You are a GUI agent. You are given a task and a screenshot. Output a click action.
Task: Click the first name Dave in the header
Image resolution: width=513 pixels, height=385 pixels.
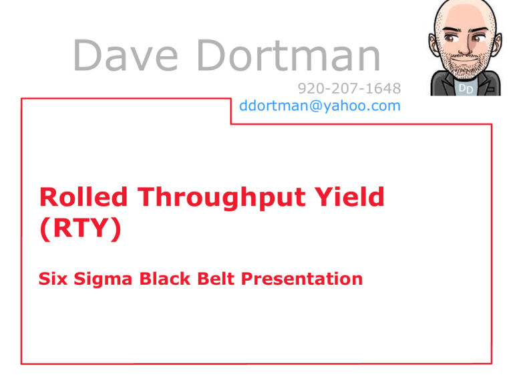pos(126,55)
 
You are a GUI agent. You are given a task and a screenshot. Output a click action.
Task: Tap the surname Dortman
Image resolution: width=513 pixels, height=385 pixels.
pos(289,55)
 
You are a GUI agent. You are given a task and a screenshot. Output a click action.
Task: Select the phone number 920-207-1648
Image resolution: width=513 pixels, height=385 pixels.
pos(349,88)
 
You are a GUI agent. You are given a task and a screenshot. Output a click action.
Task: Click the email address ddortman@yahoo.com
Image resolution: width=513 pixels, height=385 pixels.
pos(320,106)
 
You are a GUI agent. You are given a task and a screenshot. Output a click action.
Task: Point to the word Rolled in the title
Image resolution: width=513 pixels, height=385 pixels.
pos(83,197)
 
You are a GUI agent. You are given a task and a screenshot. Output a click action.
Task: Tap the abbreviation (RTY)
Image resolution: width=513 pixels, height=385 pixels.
pos(80,228)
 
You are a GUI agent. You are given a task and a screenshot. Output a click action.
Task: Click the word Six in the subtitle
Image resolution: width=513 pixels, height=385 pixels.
pos(53,279)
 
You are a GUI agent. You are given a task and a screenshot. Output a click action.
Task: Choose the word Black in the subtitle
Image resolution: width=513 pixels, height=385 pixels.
pos(165,279)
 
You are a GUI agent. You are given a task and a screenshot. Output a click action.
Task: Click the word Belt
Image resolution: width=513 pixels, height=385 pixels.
pos(216,279)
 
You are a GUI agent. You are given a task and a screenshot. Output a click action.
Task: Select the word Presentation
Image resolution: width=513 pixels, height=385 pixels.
pos(302,279)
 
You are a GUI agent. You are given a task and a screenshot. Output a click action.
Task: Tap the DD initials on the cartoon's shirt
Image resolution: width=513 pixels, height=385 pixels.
pos(466,88)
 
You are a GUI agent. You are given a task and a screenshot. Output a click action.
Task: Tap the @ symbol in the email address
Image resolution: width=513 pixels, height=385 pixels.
pos(317,106)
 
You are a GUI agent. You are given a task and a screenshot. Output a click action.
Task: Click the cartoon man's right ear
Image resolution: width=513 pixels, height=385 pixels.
pos(434,46)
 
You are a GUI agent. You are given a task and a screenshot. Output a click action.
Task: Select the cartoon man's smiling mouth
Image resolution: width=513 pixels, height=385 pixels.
pos(465,61)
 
